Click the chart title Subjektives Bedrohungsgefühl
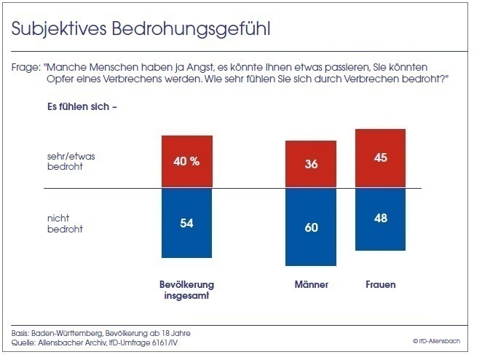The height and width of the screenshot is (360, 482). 142,28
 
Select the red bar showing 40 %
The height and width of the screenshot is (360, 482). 187,162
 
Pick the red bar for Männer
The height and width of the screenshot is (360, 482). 311,165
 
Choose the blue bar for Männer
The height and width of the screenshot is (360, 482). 311,227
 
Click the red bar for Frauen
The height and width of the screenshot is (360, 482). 380,159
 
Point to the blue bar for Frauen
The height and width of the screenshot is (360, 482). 380,219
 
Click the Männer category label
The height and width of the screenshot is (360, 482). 311,284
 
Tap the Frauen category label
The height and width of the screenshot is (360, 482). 380,284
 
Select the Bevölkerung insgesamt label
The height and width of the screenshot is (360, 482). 187,289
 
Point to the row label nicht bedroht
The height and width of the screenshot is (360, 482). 64,223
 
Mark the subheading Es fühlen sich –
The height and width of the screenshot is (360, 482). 82,108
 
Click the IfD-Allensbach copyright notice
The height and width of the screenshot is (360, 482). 439,340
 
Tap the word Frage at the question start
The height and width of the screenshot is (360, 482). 24,66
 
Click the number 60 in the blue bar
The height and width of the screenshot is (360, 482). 311,227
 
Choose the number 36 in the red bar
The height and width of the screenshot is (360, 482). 311,165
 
